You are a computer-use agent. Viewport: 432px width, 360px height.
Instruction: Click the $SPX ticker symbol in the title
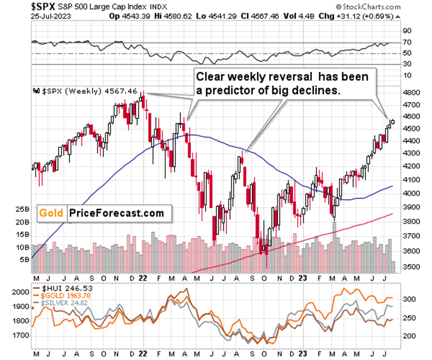18,7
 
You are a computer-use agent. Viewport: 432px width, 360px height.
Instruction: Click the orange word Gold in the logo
51,213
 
